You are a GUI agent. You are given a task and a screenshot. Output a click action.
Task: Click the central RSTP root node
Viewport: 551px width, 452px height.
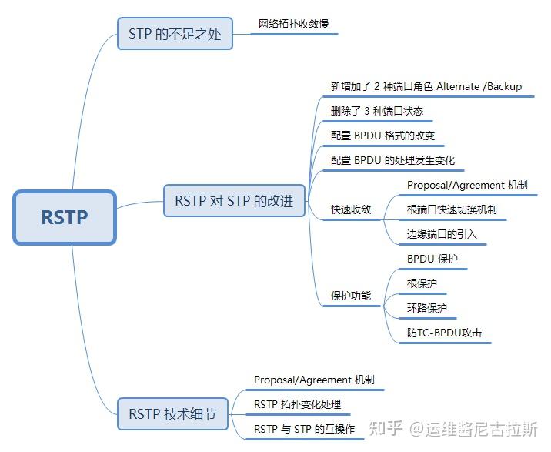coord(65,217)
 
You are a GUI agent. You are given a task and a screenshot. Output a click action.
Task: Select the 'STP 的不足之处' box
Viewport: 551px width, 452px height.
coord(175,34)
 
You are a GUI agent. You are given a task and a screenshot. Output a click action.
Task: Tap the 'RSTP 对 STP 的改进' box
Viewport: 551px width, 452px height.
coord(234,200)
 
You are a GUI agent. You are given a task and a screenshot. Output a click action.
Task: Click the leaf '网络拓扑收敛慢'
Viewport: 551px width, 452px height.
coord(293,24)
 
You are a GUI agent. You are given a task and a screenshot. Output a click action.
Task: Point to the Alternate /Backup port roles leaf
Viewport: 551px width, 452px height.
coord(426,86)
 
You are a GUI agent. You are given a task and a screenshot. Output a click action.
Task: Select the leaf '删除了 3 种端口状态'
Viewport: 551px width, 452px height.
coord(376,111)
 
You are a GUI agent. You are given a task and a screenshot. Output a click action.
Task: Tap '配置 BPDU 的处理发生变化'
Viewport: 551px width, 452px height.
coord(392,160)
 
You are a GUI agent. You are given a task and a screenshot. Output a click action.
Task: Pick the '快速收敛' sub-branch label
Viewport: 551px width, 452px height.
coord(351,209)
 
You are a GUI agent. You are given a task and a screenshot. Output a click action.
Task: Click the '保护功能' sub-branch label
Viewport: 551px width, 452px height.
coord(351,296)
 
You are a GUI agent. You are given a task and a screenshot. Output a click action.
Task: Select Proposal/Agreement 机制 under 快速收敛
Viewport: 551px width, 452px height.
coord(467,185)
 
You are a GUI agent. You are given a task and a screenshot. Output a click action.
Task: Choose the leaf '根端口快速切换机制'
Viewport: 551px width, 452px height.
coord(451,209)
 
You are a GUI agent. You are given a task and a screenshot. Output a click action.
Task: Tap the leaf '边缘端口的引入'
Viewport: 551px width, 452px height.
coord(442,233)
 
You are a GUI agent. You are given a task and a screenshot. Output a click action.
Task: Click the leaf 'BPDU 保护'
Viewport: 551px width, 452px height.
coord(432,259)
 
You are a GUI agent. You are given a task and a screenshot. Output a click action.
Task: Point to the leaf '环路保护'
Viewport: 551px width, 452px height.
coord(426,308)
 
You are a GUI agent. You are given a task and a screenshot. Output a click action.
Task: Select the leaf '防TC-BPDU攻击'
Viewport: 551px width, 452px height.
coord(444,333)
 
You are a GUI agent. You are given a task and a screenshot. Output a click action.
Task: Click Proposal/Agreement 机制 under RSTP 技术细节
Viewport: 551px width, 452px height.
coord(314,380)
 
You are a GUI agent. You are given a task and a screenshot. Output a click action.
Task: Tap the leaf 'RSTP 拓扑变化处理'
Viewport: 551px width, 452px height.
coord(297,404)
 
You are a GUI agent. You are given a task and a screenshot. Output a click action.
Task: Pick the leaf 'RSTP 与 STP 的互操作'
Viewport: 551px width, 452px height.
coord(304,429)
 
